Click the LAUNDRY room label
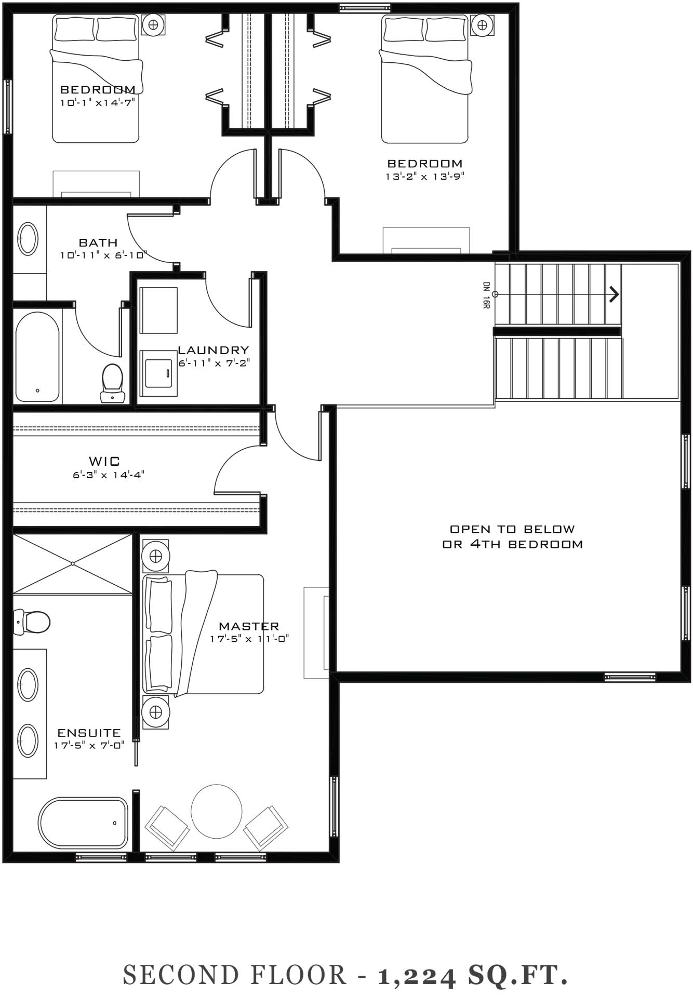click(x=214, y=350)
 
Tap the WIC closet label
click(x=104, y=461)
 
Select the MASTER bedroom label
click(x=249, y=626)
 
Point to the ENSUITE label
click(x=89, y=733)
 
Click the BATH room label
click(x=98, y=242)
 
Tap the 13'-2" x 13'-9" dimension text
click(x=424, y=176)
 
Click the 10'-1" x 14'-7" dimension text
click(x=98, y=102)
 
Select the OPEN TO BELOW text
click(x=512, y=529)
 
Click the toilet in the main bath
click(x=113, y=383)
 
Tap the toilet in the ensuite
click(x=32, y=622)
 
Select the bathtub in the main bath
click(x=37, y=356)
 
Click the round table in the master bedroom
click(x=216, y=811)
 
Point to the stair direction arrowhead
click(x=615, y=294)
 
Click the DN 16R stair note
click(x=486, y=295)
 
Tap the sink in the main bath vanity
click(x=28, y=239)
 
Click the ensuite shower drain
click(x=73, y=563)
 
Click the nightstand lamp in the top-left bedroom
click(x=153, y=24)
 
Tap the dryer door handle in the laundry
click(x=167, y=372)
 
